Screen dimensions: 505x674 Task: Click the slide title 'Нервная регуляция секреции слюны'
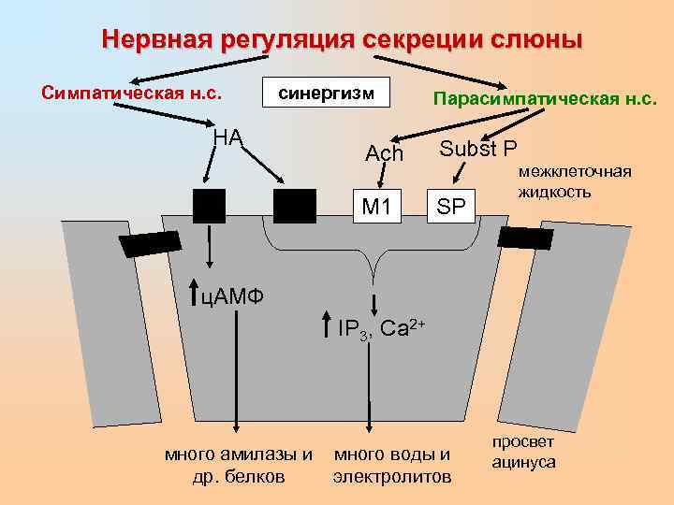point(342,40)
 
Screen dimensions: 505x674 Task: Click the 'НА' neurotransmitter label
point(227,137)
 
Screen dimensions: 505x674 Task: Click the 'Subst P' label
point(477,149)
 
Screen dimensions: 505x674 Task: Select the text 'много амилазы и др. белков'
point(238,465)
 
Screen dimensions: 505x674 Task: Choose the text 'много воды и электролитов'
point(391,466)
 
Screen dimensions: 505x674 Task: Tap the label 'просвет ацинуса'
point(524,453)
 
